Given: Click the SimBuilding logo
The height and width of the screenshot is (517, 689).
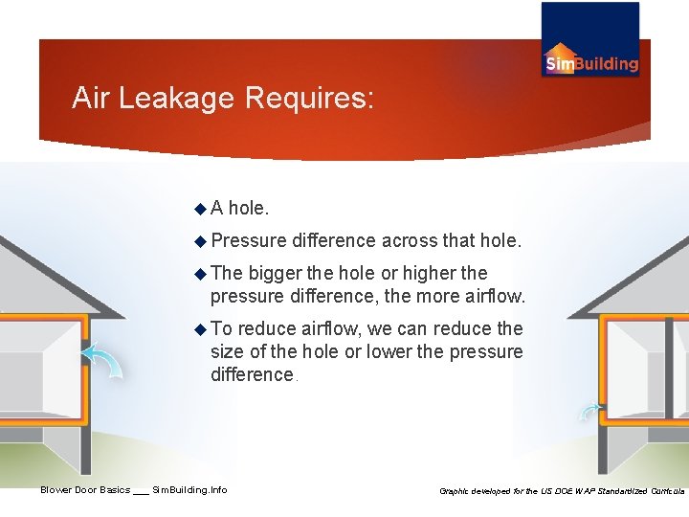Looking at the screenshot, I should (590, 40).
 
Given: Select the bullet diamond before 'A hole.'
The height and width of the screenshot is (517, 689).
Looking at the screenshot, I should (200, 207).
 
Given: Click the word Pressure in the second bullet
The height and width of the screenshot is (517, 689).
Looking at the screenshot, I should (248, 239).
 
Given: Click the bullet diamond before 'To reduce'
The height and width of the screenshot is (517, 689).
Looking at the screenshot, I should (200, 329).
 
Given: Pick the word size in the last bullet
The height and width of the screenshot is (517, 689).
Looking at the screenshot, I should (227, 351).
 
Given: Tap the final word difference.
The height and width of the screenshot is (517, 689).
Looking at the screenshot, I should (253, 374).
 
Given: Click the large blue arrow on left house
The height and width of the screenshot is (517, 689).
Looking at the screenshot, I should (102, 362).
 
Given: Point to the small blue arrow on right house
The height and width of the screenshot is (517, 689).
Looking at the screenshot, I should (588, 411).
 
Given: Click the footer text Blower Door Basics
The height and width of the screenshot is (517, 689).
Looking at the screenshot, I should (84, 490).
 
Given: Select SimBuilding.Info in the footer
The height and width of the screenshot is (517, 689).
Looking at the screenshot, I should (189, 490).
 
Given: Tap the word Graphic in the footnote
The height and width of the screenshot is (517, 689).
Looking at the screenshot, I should (457, 491).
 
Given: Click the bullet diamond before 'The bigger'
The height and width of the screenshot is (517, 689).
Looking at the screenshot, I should (200, 273).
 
